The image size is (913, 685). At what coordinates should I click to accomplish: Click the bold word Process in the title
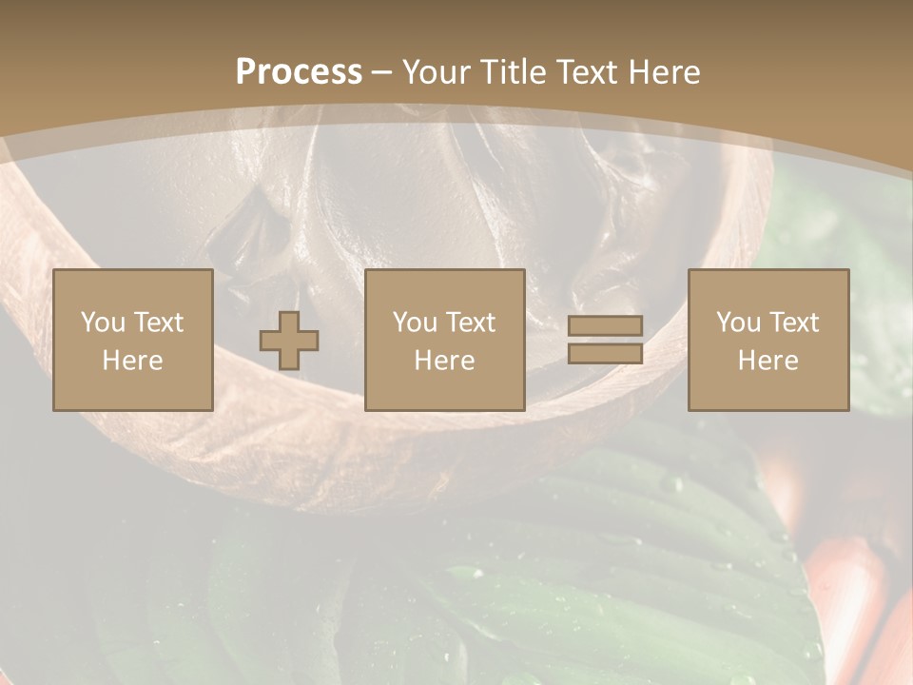pyautogui.click(x=299, y=72)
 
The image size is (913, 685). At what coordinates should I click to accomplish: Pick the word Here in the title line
pyautogui.click(x=665, y=72)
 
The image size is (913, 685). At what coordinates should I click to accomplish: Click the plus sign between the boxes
pyautogui.click(x=289, y=340)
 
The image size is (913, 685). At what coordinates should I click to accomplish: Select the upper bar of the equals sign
pyautogui.click(x=605, y=326)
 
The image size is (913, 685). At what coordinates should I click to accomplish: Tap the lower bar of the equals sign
pyautogui.click(x=605, y=353)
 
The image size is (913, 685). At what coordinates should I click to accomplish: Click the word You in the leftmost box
pyautogui.click(x=103, y=323)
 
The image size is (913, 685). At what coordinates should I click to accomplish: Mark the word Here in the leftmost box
pyautogui.click(x=132, y=361)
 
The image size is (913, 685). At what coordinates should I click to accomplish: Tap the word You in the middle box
pyautogui.click(x=415, y=323)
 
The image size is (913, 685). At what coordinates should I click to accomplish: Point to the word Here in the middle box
pyautogui.click(x=444, y=361)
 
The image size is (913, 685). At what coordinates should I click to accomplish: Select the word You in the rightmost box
pyautogui.click(x=738, y=323)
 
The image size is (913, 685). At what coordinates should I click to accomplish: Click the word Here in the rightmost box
pyautogui.click(x=767, y=361)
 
